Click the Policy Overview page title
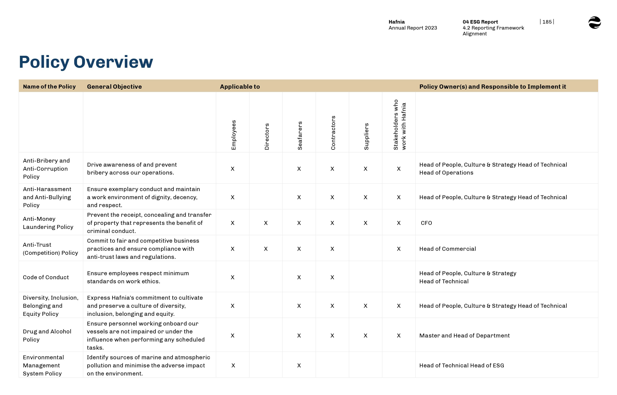86,62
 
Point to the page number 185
547,22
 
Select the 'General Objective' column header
114,87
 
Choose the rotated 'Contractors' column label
333,133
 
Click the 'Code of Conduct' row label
46,277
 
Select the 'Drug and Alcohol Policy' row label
47,336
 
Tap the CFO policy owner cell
426,223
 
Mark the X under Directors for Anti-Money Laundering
266,223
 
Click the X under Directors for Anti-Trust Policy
266,249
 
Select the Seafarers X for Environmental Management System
299,365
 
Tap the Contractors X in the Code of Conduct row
332,277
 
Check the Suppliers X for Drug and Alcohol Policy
365,336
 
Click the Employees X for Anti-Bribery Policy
233,169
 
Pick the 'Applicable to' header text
240,87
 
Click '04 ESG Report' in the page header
480,22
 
